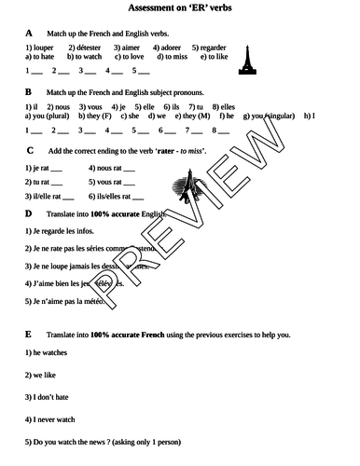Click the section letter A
click(29, 33)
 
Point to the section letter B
click(29, 92)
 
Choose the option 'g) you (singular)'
click(268, 117)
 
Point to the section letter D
click(29, 213)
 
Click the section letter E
click(29, 334)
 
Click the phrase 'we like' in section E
click(42, 374)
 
